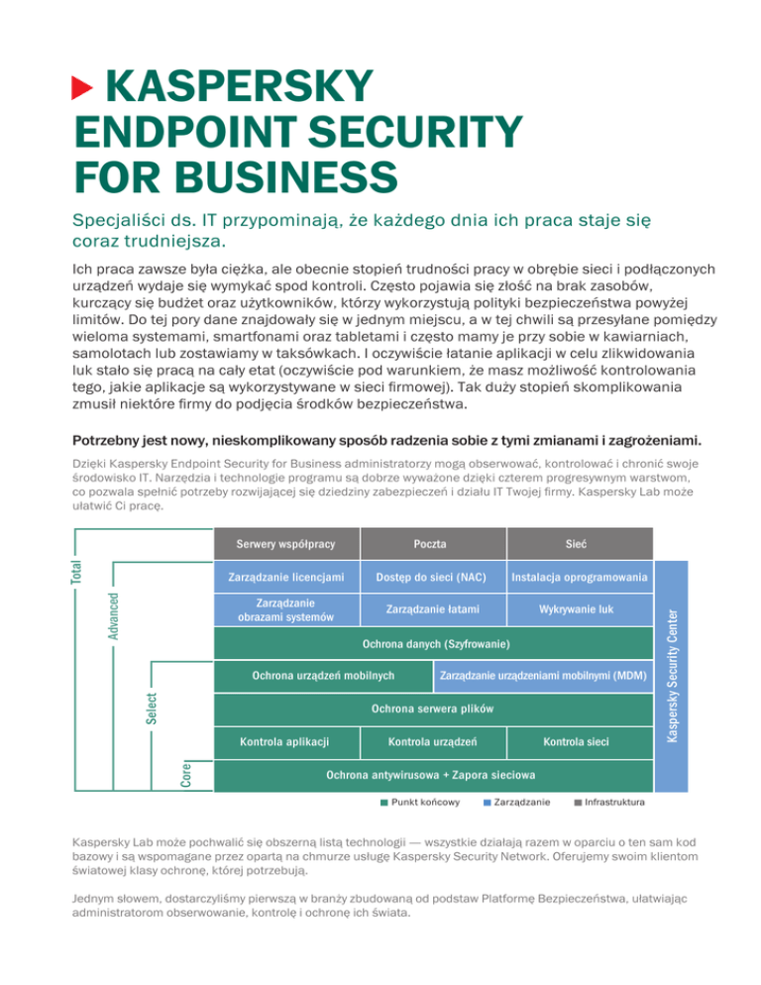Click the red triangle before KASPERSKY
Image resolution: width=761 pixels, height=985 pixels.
click(x=83, y=89)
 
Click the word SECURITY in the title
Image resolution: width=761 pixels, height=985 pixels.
click(x=409, y=134)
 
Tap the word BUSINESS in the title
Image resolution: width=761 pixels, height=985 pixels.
click(x=262, y=178)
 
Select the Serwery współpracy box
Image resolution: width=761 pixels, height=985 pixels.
click(x=285, y=543)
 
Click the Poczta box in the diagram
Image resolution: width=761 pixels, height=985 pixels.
click(x=432, y=543)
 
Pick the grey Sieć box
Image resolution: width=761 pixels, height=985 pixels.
click(x=580, y=543)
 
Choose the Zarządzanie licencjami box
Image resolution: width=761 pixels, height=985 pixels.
click(x=285, y=577)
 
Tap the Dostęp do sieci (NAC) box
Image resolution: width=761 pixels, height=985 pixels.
click(x=432, y=577)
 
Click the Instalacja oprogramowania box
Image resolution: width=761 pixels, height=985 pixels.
click(x=580, y=577)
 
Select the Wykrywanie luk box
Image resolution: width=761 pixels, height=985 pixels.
click(x=580, y=609)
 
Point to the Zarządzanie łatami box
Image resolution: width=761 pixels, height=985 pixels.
click(x=432, y=609)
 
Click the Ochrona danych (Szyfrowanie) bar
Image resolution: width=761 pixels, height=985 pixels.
click(x=434, y=644)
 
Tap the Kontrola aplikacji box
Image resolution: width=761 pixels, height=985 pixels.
click(x=285, y=741)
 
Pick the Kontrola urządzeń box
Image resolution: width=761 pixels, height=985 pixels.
click(x=432, y=741)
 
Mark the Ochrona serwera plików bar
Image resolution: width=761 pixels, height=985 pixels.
click(x=434, y=709)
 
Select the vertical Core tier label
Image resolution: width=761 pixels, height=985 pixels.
click(x=187, y=773)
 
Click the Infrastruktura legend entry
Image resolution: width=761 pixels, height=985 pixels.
click(x=609, y=801)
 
